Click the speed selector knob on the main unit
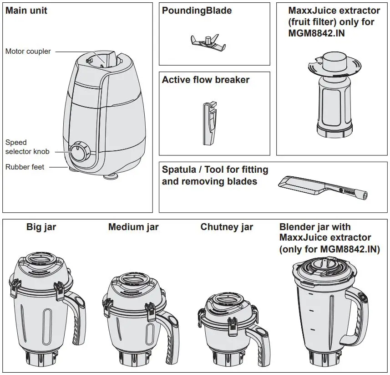80,152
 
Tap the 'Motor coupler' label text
28,51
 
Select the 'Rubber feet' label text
25,167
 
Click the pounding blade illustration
208,41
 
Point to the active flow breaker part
208,123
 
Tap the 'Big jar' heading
41,227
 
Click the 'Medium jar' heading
133,227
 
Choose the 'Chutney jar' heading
227,227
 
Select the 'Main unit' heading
26,10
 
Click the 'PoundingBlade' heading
197,10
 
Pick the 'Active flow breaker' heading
206,80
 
